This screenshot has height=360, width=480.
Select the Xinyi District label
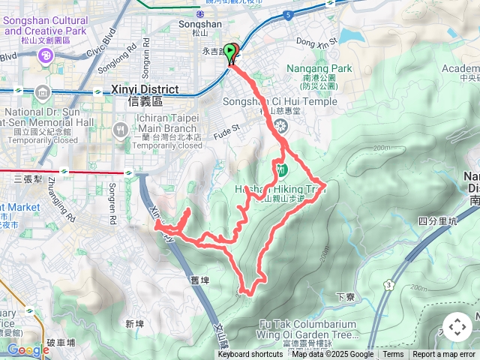click(145, 89)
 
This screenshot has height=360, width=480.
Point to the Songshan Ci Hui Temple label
click(280, 102)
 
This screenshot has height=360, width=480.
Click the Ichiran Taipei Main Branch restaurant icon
click(119, 130)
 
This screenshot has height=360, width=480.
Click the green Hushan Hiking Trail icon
click(281, 169)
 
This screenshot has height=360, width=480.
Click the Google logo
click(28, 349)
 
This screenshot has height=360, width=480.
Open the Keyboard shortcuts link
click(250, 355)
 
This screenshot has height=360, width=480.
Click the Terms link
click(393, 355)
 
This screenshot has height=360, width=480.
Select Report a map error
click(444, 355)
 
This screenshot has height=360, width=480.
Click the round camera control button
click(457, 327)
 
